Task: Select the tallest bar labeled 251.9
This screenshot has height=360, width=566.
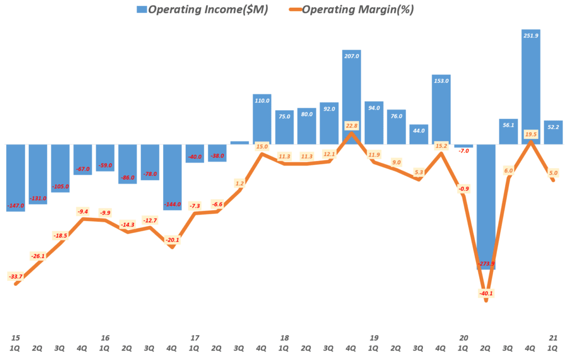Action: point(531,83)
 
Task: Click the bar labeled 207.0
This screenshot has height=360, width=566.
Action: point(352,94)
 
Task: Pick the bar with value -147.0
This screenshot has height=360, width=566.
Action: point(15,177)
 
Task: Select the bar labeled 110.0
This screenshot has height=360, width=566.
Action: point(262,119)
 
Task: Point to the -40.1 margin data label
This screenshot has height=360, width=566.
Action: point(486,294)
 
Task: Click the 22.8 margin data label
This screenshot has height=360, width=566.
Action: point(352,126)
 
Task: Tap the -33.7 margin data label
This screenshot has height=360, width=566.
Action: point(16,276)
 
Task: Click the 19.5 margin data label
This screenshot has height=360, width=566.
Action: point(531,134)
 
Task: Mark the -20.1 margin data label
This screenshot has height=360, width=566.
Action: point(172,239)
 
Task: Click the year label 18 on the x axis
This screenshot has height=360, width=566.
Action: point(284,338)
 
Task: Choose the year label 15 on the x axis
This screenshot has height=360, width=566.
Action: point(15,338)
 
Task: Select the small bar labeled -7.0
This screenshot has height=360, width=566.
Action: point(463,146)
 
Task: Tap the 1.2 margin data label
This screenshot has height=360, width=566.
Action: point(239,183)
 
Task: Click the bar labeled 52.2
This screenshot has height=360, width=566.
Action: point(553,133)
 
